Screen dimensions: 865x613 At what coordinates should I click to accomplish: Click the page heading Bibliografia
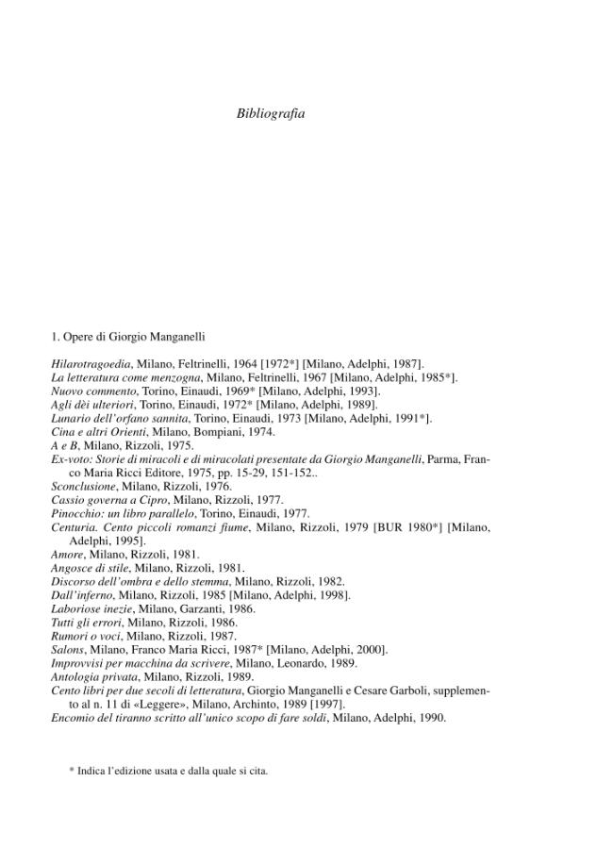(x=271, y=113)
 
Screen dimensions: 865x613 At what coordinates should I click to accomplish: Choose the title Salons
(x=67, y=650)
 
